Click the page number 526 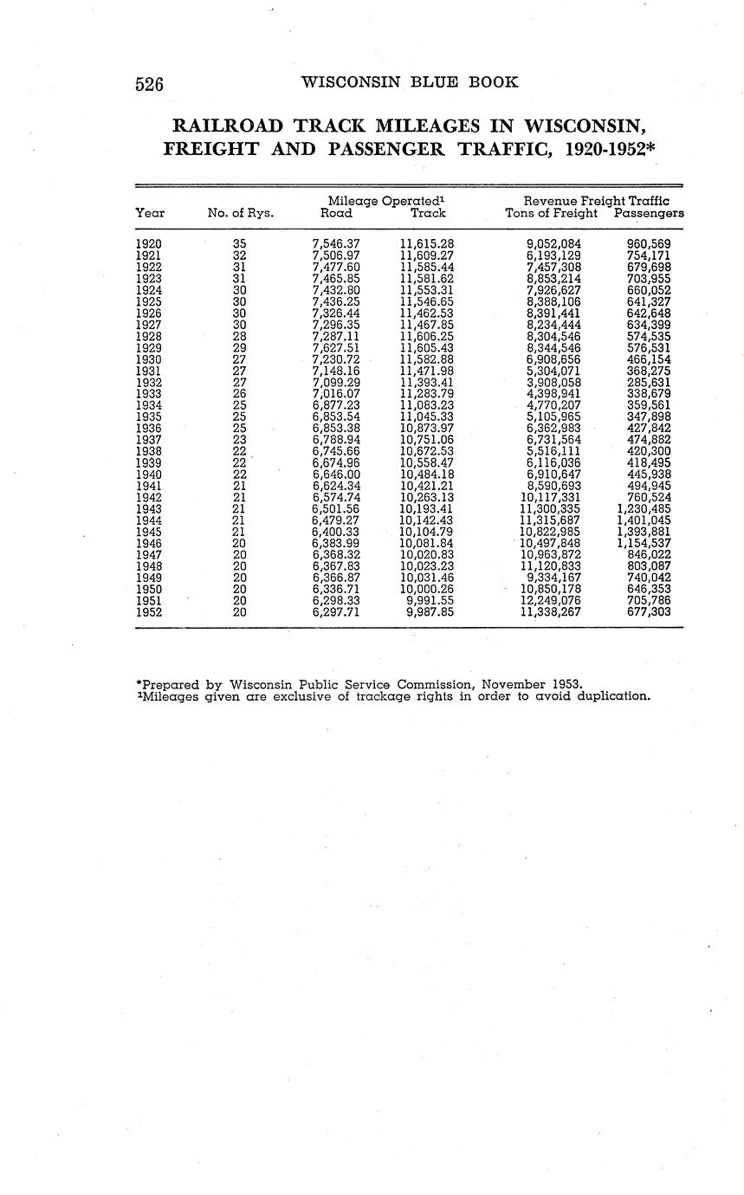pyautogui.click(x=150, y=84)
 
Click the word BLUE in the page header pyautogui.click(x=437, y=82)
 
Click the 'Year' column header pyautogui.click(x=150, y=213)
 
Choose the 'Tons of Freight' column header pyautogui.click(x=552, y=213)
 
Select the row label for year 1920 pyautogui.click(x=149, y=244)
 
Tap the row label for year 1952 pyautogui.click(x=149, y=611)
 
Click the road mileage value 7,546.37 pyautogui.click(x=335, y=244)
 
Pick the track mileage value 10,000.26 pyautogui.click(x=426, y=589)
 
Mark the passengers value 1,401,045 pyautogui.click(x=644, y=520)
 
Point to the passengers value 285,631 pyautogui.click(x=648, y=382)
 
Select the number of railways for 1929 pyautogui.click(x=240, y=347)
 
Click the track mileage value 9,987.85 pyautogui.click(x=430, y=611)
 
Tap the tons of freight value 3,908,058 pyautogui.click(x=553, y=382)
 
